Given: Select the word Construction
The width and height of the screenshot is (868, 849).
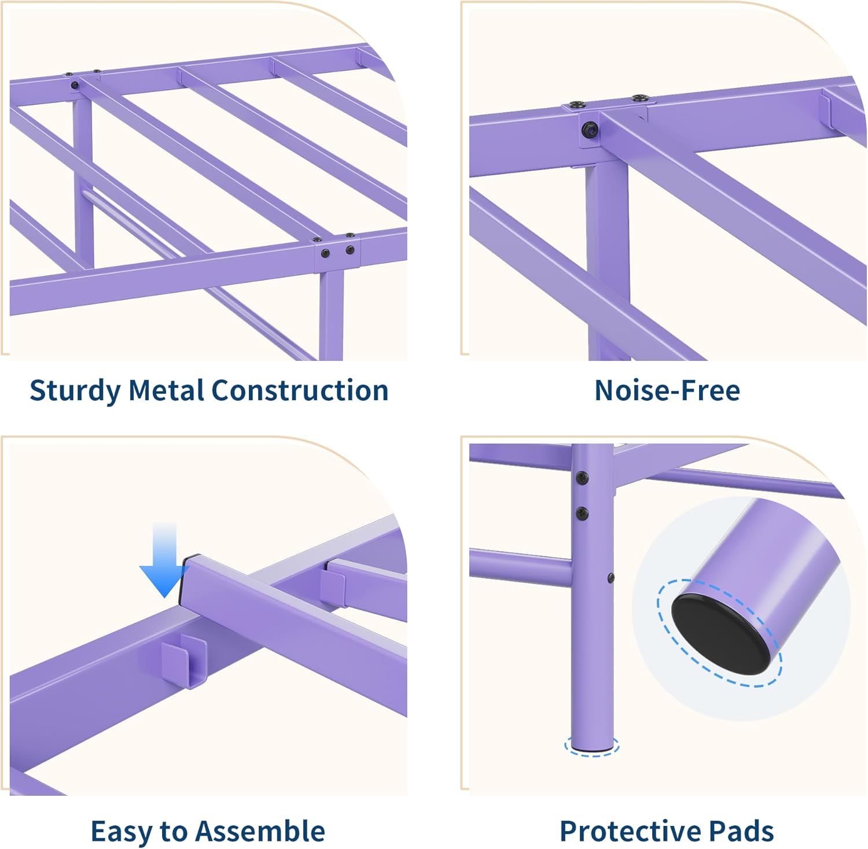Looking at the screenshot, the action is point(299,390).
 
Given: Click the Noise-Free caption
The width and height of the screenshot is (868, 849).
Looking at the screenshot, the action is point(667,390).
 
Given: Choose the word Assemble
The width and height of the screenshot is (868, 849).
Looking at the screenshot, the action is point(260,831).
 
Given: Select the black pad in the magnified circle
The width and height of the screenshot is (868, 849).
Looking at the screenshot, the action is point(720,633).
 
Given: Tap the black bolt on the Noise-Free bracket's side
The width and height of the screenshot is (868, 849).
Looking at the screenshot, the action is point(590,130).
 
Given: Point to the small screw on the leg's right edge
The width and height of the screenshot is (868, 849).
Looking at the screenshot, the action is point(610,577).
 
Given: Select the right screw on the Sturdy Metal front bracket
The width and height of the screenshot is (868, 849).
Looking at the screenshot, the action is point(350,250).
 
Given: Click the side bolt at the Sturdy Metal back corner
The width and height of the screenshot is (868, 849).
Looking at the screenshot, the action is point(75,86).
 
